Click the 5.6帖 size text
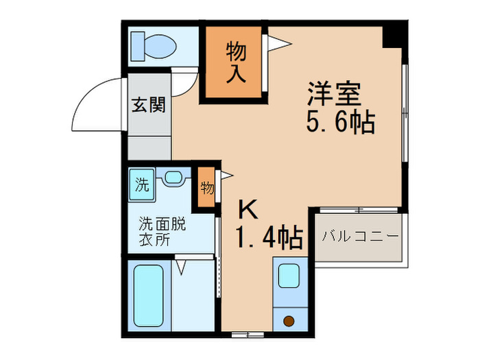click(x=339, y=124)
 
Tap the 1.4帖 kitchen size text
click(x=269, y=238)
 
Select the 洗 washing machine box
click(x=141, y=184)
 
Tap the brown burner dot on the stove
click(x=288, y=320)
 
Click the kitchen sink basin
click(x=288, y=276)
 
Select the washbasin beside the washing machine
click(x=174, y=178)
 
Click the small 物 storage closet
click(x=206, y=187)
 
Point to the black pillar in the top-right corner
click(x=394, y=35)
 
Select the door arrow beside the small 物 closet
click(x=225, y=176)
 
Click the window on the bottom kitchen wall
click(x=242, y=335)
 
